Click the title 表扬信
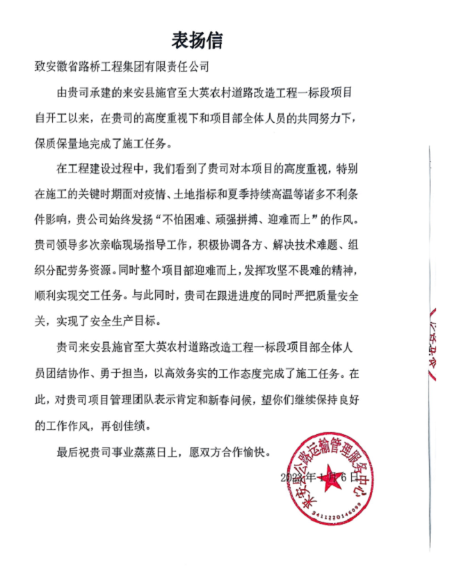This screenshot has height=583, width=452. tap(197, 39)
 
